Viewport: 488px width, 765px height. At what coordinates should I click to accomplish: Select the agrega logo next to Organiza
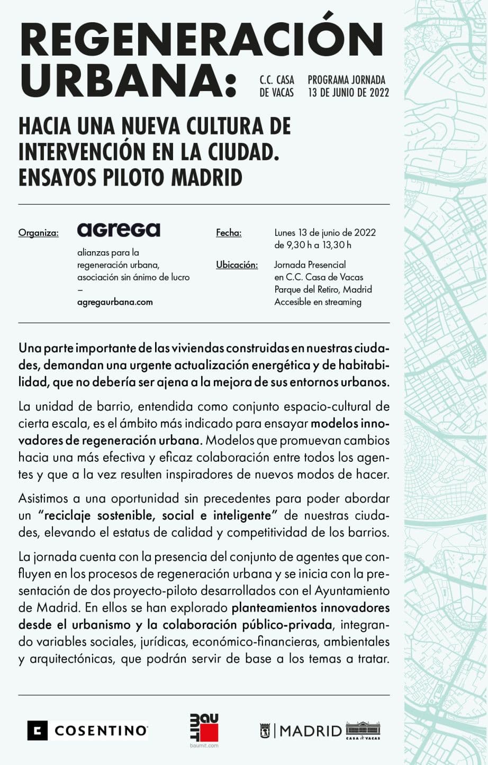(x=119, y=230)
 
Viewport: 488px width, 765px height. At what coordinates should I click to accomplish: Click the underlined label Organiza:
(x=38, y=233)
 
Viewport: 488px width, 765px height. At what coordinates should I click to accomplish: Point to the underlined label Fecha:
(x=229, y=233)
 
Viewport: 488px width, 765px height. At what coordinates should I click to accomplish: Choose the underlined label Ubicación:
(x=237, y=265)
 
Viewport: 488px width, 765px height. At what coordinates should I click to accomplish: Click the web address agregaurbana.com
(x=115, y=302)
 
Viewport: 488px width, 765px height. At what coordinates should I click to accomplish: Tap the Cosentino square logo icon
(x=38, y=731)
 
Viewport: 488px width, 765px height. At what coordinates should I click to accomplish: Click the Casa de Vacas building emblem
(x=363, y=730)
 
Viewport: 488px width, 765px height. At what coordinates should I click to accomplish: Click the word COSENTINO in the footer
(x=101, y=731)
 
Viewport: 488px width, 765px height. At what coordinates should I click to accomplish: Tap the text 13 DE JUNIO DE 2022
(x=348, y=93)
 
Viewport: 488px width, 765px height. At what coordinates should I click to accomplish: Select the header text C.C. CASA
(x=277, y=80)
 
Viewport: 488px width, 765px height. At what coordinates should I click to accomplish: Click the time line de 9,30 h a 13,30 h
(x=312, y=245)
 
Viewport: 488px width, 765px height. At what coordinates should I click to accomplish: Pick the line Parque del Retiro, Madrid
(x=323, y=289)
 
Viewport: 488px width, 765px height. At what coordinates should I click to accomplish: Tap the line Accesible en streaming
(x=318, y=302)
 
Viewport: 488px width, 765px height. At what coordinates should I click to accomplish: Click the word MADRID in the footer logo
(x=311, y=731)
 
